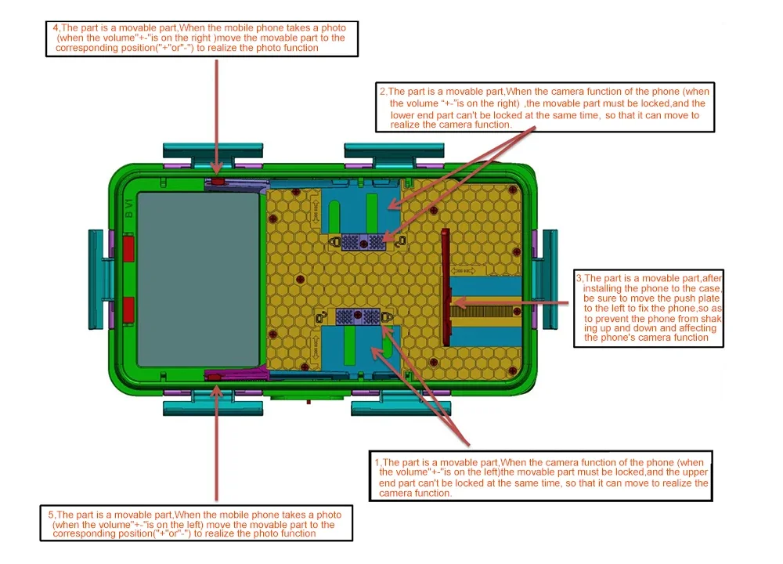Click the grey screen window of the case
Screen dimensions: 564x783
tap(199, 277)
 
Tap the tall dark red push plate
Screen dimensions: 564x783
tap(446, 287)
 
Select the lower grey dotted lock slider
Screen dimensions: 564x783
tap(358, 316)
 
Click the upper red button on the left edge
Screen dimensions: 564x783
tap(128, 251)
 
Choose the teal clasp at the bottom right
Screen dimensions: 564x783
tap(402, 407)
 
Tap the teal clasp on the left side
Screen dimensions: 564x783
tap(97, 271)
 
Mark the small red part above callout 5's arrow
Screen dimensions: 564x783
tap(215, 378)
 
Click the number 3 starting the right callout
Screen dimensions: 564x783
tap(579, 278)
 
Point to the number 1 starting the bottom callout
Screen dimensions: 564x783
tap(377, 463)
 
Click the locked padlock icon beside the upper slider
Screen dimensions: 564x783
tap(334, 242)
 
